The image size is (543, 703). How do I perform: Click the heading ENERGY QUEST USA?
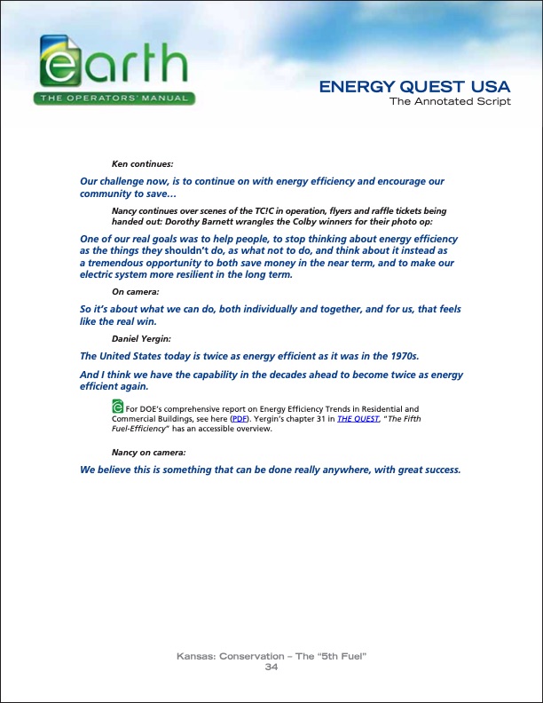coord(414,87)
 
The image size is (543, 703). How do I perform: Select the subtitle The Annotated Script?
coord(450,101)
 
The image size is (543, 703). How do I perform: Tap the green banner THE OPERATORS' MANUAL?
coord(114,98)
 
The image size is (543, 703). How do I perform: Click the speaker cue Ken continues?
coord(142,164)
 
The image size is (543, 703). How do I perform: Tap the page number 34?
coord(271,667)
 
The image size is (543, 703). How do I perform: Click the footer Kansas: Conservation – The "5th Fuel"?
coord(271,656)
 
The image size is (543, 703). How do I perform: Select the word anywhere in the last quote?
coord(341,470)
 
